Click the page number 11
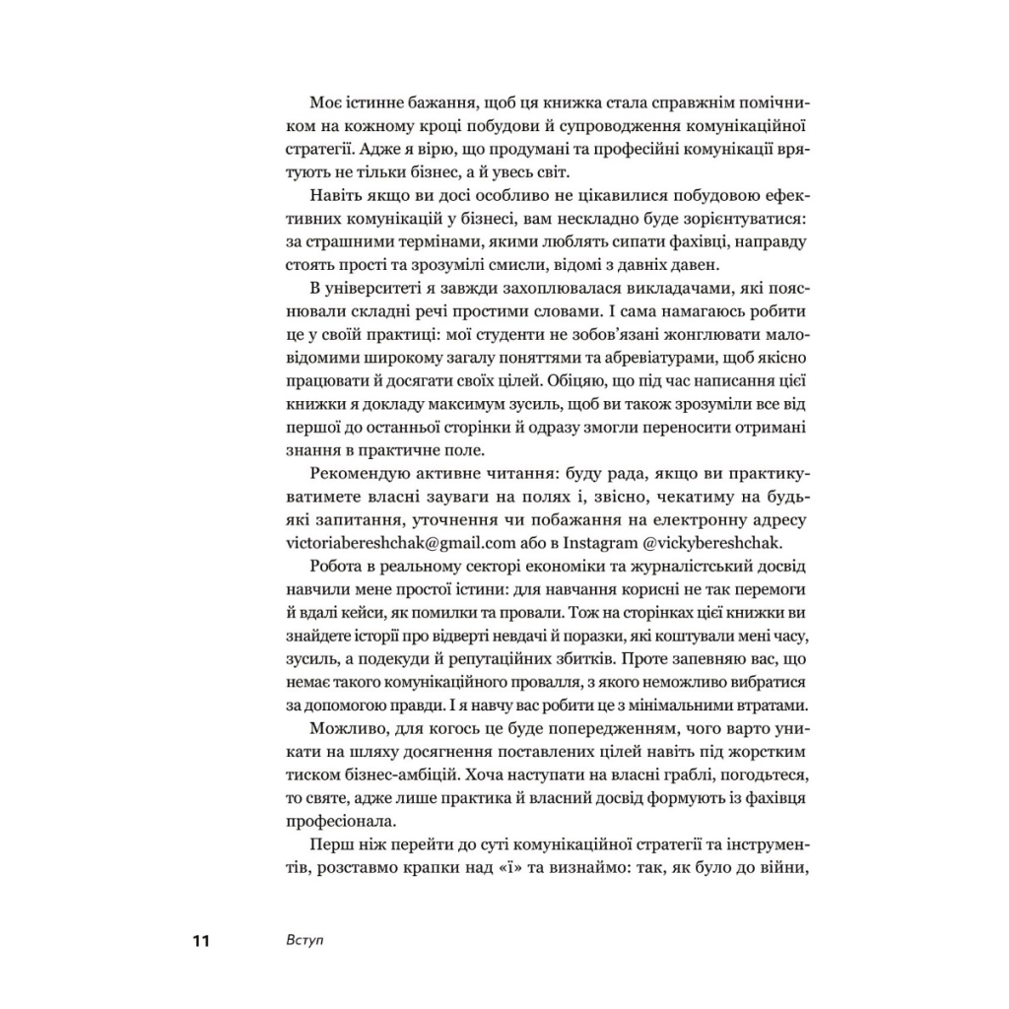pos(200,941)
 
